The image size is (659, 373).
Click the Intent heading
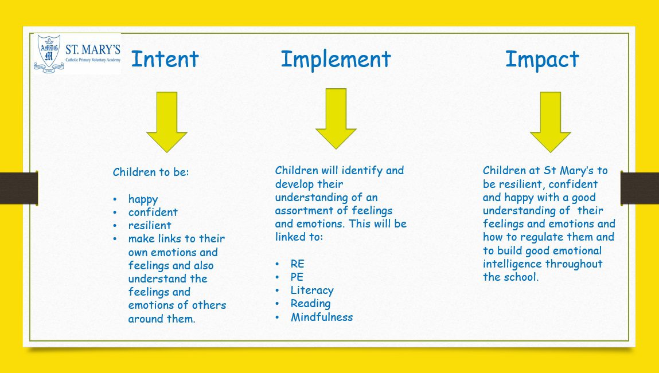(x=165, y=59)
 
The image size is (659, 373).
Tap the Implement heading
(x=336, y=59)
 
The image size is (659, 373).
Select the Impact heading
(x=542, y=59)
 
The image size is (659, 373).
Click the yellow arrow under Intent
(x=167, y=122)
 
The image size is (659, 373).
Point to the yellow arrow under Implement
(x=336, y=119)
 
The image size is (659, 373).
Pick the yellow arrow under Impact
(x=550, y=122)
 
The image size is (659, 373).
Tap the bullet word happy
(x=143, y=199)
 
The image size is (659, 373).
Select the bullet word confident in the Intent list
(x=153, y=212)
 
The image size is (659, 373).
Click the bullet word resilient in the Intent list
(x=150, y=226)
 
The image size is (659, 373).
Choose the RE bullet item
(x=297, y=264)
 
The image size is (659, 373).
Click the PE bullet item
(x=297, y=277)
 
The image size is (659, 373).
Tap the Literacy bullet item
(x=312, y=290)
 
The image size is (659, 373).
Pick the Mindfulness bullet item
(x=322, y=317)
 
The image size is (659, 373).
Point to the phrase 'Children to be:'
(x=151, y=172)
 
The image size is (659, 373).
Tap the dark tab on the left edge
(x=19, y=188)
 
